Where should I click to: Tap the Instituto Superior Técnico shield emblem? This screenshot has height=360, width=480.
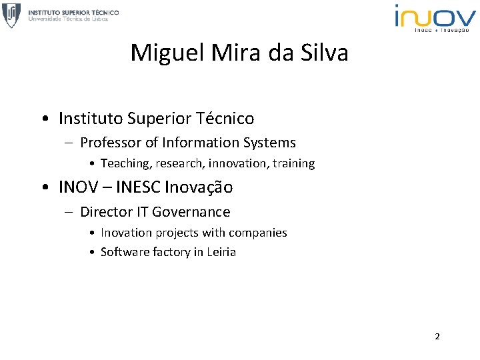coord(11,15)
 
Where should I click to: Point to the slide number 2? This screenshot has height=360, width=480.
coord(437,336)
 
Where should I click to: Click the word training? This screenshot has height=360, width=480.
coord(294,163)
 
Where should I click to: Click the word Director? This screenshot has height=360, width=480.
coord(106,212)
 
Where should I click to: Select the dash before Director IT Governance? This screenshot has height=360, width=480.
coord(70,212)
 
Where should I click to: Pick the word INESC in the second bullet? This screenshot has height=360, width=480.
coord(139,188)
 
